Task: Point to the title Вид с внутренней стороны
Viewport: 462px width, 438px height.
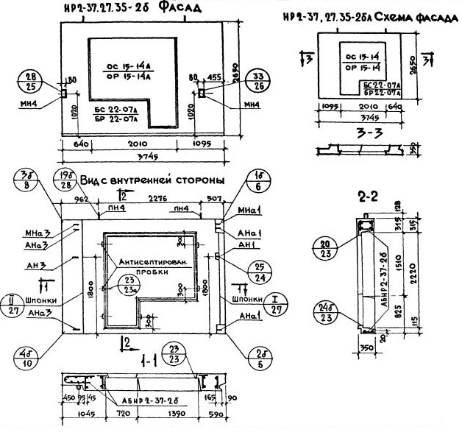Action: point(152,180)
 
